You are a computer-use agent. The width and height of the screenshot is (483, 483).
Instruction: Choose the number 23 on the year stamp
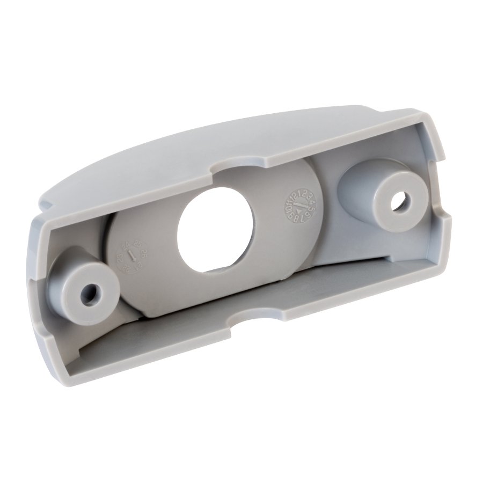coord(120,259)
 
